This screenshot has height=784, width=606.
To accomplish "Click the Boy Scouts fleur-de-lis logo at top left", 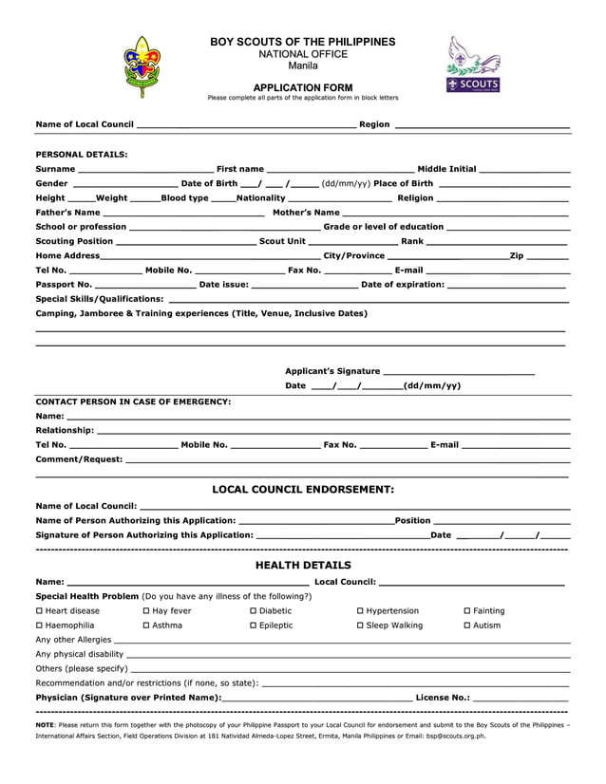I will pyautogui.click(x=143, y=66).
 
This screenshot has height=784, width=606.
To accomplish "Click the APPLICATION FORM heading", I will pyautogui.click(x=302, y=87).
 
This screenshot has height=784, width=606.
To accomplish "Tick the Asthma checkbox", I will pyautogui.click(x=146, y=626).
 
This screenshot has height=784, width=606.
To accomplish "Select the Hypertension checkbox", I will pyautogui.click(x=360, y=611).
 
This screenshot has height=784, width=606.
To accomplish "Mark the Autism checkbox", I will pyautogui.click(x=466, y=626).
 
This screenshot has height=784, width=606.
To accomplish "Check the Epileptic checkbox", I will pyautogui.click(x=253, y=626).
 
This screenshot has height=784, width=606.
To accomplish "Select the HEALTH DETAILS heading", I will pyautogui.click(x=302, y=566).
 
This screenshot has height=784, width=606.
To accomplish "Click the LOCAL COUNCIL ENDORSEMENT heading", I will pyautogui.click(x=302, y=490).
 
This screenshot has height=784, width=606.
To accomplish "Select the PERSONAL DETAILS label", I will pyautogui.click(x=82, y=154).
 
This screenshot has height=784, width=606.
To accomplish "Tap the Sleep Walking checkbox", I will pyautogui.click(x=360, y=626).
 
